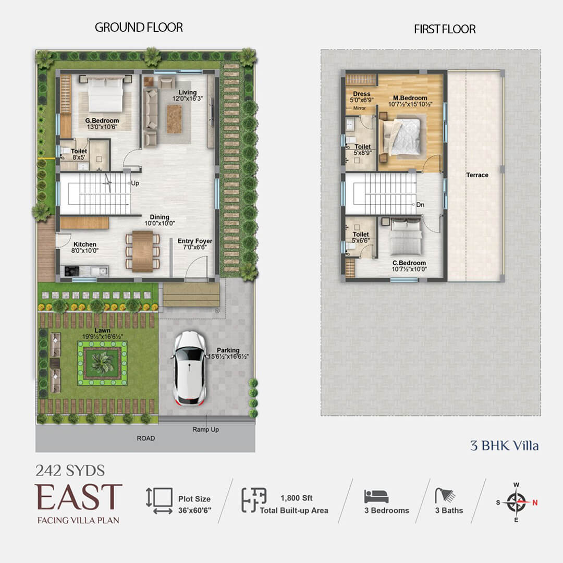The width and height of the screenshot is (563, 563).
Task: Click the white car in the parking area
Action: [x=189, y=369]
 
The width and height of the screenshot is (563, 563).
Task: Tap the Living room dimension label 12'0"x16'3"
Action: [x=188, y=99]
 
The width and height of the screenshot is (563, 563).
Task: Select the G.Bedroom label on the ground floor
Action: [x=102, y=120]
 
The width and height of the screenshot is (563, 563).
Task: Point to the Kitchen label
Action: [x=85, y=244]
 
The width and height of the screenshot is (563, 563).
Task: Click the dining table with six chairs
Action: [x=142, y=251]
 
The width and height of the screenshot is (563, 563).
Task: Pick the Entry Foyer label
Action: [x=195, y=241]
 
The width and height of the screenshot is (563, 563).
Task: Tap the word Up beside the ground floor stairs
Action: [x=135, y=183]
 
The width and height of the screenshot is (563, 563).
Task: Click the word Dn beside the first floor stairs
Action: [x=420, y=205]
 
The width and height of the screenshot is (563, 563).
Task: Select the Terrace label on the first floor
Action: [x=477, y=175]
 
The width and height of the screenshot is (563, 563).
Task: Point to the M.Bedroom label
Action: [x=410, y=97]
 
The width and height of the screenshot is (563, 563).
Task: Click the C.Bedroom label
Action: [x=409, y=263]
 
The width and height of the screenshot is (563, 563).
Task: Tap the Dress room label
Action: [x=362, y=94]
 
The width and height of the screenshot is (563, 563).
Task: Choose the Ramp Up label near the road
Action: [x=205, y=430]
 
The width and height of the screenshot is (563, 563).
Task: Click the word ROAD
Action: [x=146, y=438]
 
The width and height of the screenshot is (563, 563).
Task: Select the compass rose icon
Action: [x=516, y=502]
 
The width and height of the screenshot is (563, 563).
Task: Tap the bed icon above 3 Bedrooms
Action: [x=376, y=496]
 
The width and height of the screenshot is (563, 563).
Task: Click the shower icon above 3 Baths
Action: [x=445, y=495]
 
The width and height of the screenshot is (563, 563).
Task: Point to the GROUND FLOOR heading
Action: [x=139, y=27]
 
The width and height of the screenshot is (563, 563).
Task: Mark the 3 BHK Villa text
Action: [x=505, y=446]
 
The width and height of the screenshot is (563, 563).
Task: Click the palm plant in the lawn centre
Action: [x=102, y=363]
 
